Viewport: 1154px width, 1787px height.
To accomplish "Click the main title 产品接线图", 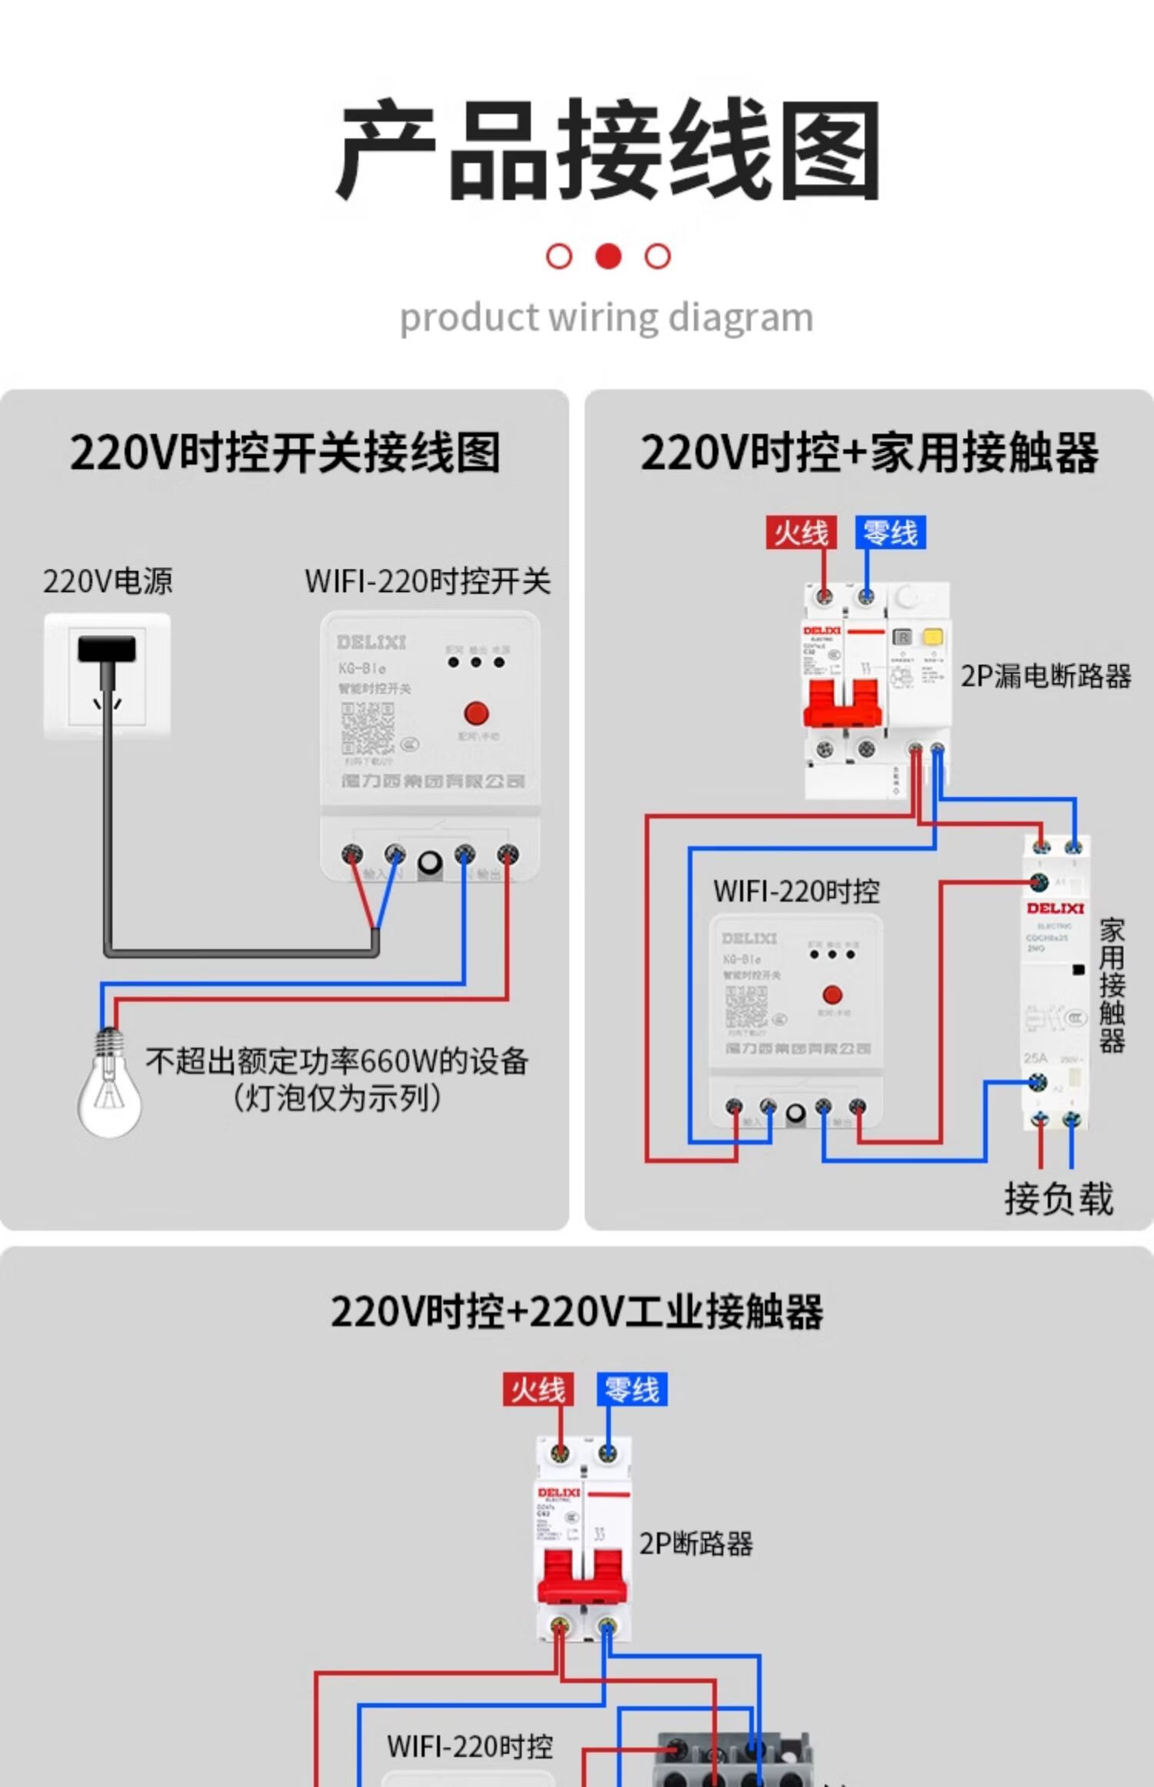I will pyautogui.click(x=608, y=150).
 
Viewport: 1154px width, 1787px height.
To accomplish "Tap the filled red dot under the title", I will pyautogui.click(x=609, y=256).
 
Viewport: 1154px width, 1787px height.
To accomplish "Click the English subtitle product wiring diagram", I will pyautogui.click(x=606, y=318).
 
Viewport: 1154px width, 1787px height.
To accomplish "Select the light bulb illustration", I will pyautogui.click(x=109, y=1085).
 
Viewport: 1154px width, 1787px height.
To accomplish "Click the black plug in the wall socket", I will pyautogui.click(x=107, y=650).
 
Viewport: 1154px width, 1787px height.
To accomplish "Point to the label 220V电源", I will pyautogui.click(x=108, y=582).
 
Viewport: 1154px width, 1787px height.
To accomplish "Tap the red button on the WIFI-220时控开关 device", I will pyautogui.click(x=476, y=713).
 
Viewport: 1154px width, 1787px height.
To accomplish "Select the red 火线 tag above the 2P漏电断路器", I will pyautogui.click(x=801, y=533).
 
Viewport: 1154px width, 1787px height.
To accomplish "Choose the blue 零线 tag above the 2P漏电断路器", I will pyautogui.click(x=890, y=533).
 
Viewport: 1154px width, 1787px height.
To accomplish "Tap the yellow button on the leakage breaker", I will pyautogui.click(x=932, y=636).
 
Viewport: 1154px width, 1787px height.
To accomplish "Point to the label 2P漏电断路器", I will pyautogui.click(x=1046, y=676).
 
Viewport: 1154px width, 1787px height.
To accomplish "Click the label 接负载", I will pyautogui.click(x=1059, y=1199).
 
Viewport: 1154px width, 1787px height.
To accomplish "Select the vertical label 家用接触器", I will pyautogui.click(x=1112, y=985).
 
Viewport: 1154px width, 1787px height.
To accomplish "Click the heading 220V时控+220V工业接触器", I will pyautogui.click(x=577, y=1312).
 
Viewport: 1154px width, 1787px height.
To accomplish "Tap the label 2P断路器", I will pyautogui.click(x=695, y=1544).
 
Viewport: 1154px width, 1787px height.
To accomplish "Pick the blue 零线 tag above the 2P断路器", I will pyautogui.click(x=632, y=1390).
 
